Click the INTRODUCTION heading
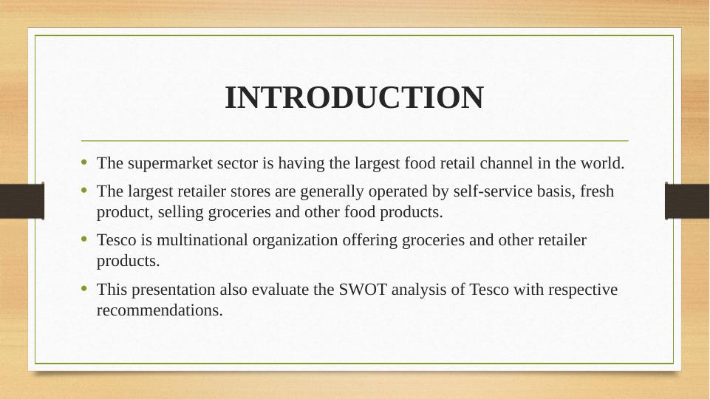[x=355, y=98]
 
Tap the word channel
[x=506, y=163]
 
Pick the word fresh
[x=597, y=191]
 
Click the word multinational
[x=202, y=240]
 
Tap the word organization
[x=295, y=240]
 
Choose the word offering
[x=369, y=240]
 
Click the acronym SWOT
[x=363, y=290]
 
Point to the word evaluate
[x=280, y=290]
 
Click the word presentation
[x=173, y=290]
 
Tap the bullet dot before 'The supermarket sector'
[x=83, y=162]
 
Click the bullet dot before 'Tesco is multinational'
[x=83, y=239]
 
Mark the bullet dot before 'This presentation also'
[x=83, y=288]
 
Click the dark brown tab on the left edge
[x=22, y=201]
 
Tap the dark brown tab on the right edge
[x=687, y=201]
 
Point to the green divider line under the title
[x=355, y=141]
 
